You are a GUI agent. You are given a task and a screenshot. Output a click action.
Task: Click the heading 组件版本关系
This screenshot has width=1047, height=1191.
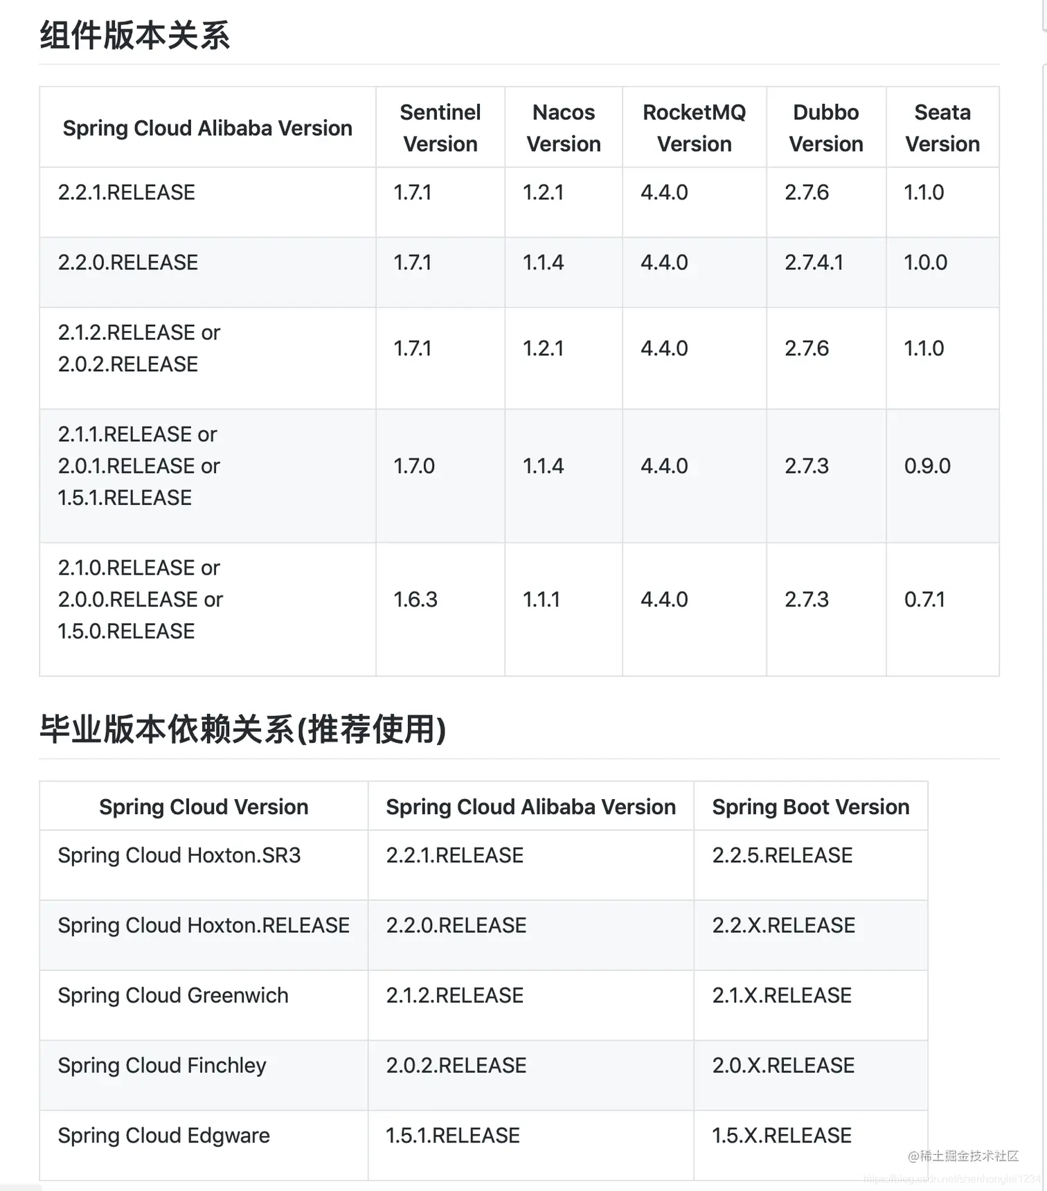[135, 35]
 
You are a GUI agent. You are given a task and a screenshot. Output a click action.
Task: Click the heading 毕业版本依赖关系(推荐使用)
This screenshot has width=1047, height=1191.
[242, 729]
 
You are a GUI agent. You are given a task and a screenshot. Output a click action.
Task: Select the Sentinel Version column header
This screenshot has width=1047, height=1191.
[440, 128]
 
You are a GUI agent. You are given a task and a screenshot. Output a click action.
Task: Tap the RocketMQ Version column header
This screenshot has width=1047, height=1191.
[694, 128]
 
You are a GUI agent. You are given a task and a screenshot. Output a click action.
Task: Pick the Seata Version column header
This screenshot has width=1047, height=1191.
[942, 128]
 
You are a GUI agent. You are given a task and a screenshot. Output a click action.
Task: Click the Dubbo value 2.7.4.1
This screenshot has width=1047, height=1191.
[814, 262]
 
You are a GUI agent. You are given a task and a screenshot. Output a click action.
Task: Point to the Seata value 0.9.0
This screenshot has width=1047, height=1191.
[927, 466]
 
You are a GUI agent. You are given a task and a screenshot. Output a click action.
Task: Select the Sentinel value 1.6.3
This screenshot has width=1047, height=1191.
[415, 600]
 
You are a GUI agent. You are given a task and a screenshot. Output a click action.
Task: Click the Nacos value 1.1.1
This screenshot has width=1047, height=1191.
[542, 600]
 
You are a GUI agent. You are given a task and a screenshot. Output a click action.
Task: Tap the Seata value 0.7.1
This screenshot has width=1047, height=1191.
[924, 600]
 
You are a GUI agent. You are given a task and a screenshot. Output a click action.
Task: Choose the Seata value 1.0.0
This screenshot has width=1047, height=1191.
[925, 262]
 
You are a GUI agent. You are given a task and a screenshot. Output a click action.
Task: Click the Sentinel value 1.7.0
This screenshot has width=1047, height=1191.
[414, 466]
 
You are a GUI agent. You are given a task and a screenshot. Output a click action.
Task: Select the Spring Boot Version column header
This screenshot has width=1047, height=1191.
[811, 807]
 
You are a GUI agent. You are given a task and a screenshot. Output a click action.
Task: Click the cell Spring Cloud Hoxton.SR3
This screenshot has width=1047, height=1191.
[179, 856]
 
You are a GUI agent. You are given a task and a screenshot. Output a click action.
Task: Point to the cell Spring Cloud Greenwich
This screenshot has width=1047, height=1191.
[173, 996]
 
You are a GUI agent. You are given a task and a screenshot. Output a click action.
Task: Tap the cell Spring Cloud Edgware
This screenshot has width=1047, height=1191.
[164, 1136]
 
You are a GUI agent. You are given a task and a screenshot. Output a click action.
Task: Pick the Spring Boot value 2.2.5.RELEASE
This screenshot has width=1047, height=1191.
[782, 856]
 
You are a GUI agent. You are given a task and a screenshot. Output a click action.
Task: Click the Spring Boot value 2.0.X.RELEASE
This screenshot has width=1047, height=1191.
[784, 1066]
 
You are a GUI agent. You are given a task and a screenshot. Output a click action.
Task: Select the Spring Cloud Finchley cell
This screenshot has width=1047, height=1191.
[162, 1066]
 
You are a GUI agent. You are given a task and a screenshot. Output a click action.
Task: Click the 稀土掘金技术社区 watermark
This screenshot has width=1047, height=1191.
[963, 1156]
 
